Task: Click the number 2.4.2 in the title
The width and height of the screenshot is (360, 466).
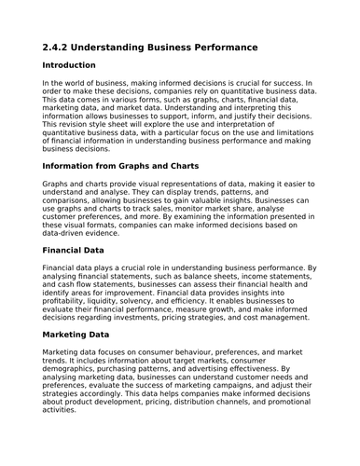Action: [59, 47]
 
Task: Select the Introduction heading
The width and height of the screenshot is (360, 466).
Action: [69, 66]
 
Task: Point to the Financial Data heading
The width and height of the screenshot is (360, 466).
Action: [82, 250]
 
